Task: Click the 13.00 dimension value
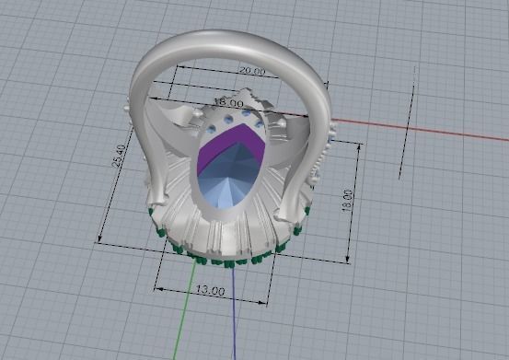click(210, 291)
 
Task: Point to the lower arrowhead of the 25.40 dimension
click(98, 240)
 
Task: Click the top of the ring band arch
click(230, 39)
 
